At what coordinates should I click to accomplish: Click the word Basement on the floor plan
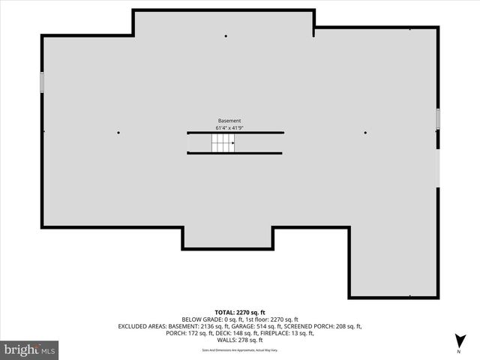(x=229, y=121)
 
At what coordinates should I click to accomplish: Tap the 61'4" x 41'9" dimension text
(x=229, y=128)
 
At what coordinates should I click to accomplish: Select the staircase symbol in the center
(x=222, y=143)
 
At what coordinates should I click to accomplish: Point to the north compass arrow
(x=458, y=342)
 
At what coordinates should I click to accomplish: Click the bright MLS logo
(x=30, y=349)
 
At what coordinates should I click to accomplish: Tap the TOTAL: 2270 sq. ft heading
(x=240, y=312)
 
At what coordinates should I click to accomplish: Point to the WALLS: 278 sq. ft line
(x=240, y=340)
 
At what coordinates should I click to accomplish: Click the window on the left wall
(x=42, y=82)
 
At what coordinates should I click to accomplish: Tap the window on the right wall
(x=438, y=119)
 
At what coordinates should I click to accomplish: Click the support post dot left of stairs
(x=118, y=133)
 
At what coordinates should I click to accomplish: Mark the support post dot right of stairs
(x=365, y=133)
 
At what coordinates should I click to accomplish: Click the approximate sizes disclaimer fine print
(x=240, y=349)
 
